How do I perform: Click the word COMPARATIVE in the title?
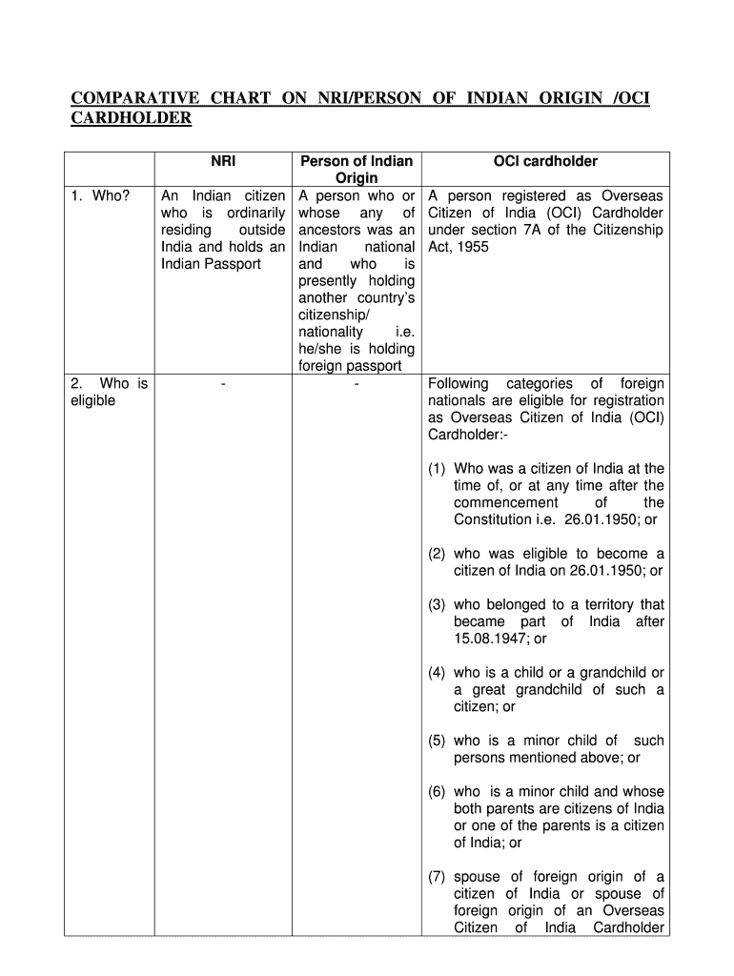tap(136, 99)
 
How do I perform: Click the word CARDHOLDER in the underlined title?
tap(132, 118)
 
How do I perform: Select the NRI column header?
tap(223, 161)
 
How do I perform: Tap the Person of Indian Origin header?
tap(356, 170)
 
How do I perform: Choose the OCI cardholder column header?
tap(545, 161)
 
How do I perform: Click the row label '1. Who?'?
tap(100, 195)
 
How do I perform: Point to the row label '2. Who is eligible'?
tap(109, 392)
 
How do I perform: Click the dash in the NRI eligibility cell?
tap(222, 384)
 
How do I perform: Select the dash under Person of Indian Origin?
tap(355, 384)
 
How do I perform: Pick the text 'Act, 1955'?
tap(459, 247)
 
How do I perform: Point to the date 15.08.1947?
tap(492, 639)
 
